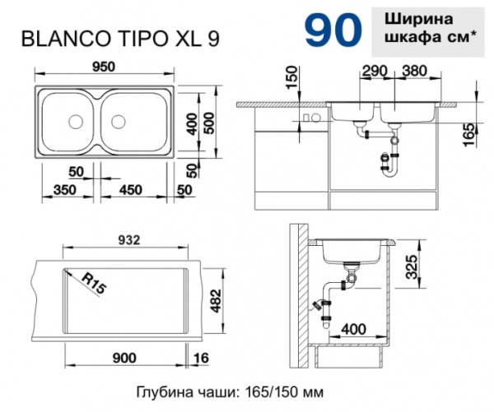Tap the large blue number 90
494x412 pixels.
pos(332,29)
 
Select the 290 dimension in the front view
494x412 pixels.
pos(373,72)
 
